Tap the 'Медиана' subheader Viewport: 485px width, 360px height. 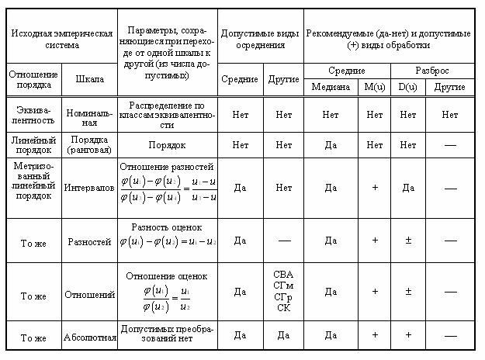[331, 86]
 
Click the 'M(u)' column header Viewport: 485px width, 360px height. [375, 86]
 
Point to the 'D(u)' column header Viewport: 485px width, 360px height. [407, 86]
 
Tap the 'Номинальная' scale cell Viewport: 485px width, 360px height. [90, 115]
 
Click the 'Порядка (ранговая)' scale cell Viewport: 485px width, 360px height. [90, 144]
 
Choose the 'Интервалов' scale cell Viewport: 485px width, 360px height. [90, 187]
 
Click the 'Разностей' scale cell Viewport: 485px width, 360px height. [90, 242]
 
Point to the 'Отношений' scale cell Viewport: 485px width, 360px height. [90, 295]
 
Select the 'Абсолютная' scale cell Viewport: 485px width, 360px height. [90, 337]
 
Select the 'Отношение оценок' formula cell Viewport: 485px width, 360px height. [167, 292]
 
